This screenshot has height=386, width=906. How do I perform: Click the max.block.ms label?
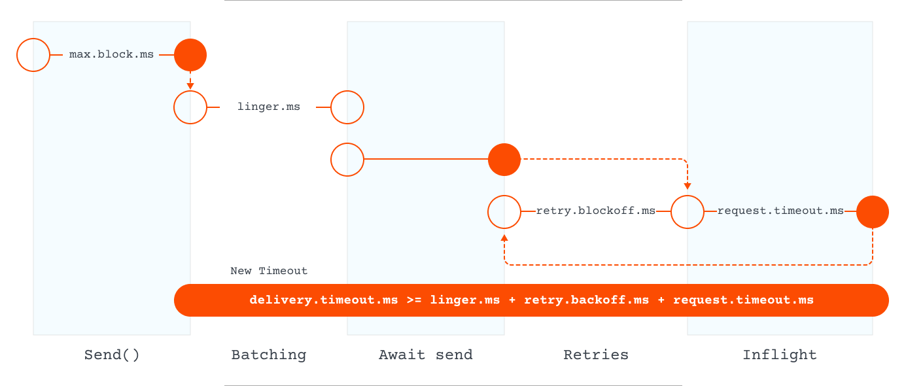[x=112, y=55]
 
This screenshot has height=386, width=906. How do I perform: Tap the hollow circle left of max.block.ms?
[x=33, y=55]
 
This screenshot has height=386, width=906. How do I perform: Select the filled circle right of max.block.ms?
[x=190, y=55]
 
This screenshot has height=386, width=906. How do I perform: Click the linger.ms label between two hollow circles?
[x=269, y=107]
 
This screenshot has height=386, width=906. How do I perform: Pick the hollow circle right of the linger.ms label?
[x=347, y=107]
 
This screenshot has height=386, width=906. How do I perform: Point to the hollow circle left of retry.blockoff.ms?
[x=504, y=212]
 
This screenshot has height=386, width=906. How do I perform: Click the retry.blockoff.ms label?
[x=596, y=211]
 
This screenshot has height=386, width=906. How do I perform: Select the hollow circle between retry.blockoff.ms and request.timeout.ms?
[x=688, y=212]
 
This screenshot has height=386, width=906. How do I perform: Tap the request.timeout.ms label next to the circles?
[x=780, y=211]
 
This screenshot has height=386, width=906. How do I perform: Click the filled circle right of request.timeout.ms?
[x=873, y=212]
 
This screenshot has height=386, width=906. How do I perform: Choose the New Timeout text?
[x=269, y=271]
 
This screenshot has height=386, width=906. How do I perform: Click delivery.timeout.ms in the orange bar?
[x=324, y=300]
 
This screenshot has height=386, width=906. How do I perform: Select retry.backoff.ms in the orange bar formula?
[x=586, y=300]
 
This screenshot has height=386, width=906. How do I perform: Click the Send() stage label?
[x=112, y=355]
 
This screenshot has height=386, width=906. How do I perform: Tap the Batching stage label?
[x=269, y=355]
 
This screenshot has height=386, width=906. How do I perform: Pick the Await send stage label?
[x=425, y=355]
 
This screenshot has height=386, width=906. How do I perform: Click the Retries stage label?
[x=596, y=355]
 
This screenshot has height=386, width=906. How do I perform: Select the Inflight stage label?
[x=780, y=355]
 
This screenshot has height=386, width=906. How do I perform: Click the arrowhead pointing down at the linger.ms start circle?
[x=190, y=85]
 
